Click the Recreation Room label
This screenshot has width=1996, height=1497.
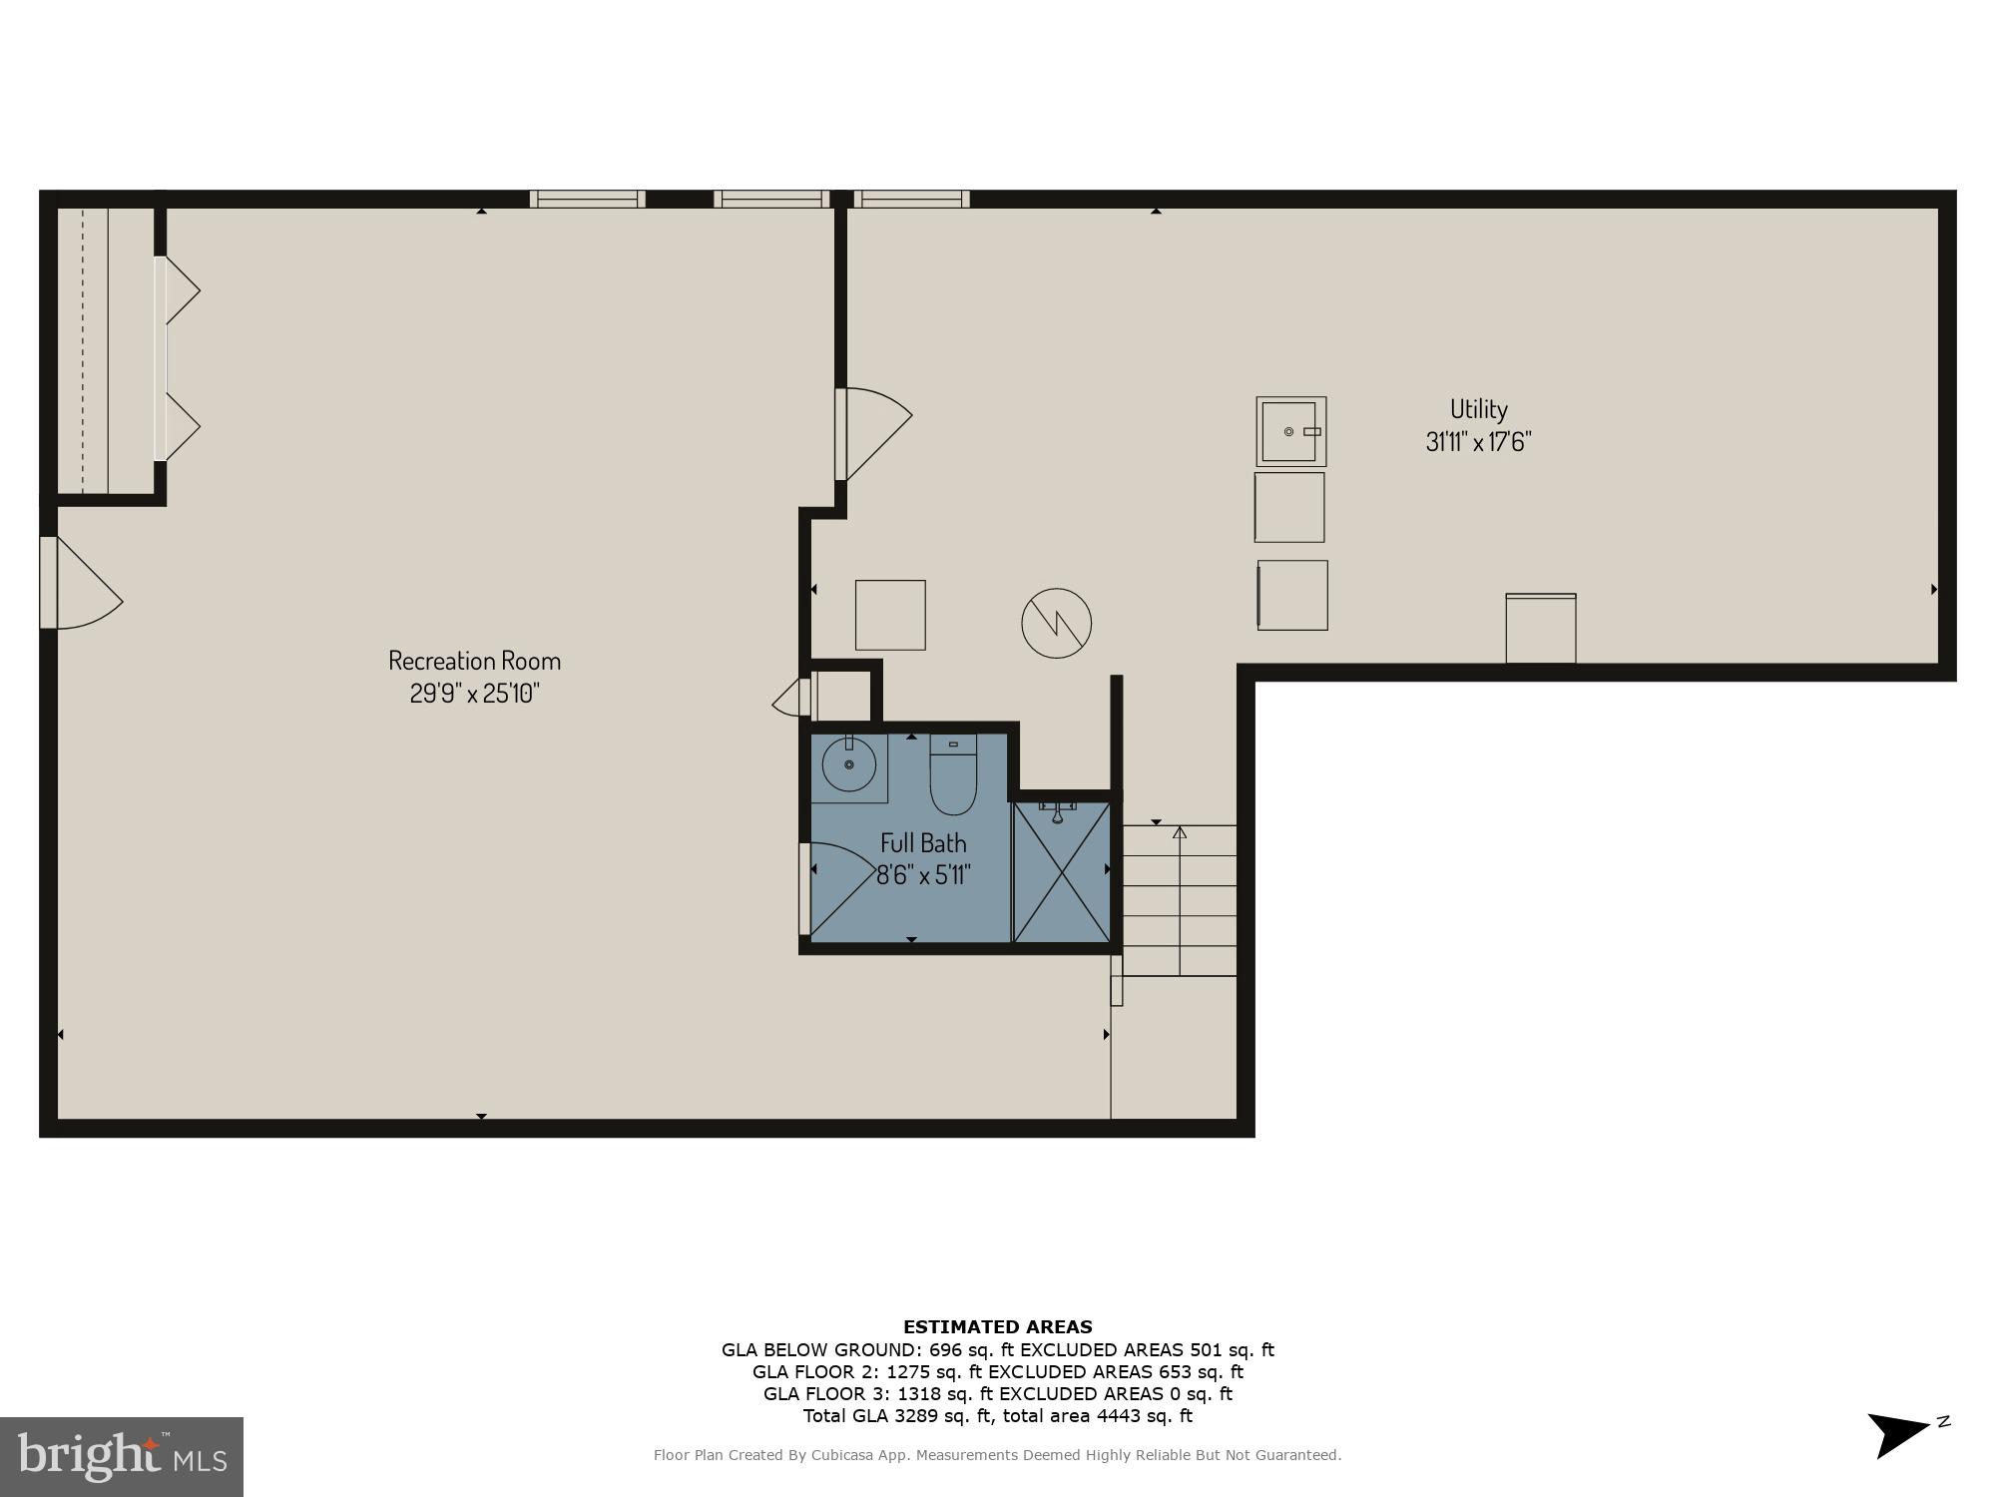pos(474,661)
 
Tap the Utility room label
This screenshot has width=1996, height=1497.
pos(1478,409)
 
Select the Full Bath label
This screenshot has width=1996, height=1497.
pos(923,843)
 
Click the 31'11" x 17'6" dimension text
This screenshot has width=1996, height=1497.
pos(1478,441)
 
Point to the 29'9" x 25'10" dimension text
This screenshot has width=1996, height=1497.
pos(474,693)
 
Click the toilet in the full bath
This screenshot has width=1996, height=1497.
pos(953,774)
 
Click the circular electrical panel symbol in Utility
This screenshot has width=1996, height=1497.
pos(1056,624)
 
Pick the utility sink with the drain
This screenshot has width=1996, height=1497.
pos(1290,431)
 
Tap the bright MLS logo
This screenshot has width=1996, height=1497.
pos(121,1456)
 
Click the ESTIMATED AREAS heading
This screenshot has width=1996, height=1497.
pos(997,1327)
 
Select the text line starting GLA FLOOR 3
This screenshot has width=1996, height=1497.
pos(997,1394)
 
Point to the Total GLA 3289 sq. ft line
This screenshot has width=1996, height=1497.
pos(997,1416)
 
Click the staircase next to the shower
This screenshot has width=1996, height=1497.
pos(1180,900)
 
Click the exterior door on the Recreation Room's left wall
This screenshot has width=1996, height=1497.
pos(80,584)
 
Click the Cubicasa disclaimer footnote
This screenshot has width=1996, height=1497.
pos(997,1455)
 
